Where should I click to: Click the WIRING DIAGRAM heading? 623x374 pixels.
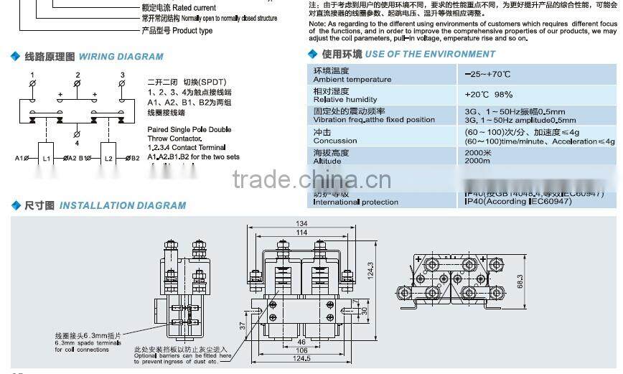(x=121, y=57)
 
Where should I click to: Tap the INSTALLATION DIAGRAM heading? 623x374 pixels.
(x=122, y=205)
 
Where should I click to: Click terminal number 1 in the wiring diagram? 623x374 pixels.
(x=32, y=75)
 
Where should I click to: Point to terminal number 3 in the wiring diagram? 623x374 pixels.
(x=123, y=75)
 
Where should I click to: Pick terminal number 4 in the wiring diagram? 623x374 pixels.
(x=77, y=134)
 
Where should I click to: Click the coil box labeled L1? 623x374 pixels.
(x=47, y=157)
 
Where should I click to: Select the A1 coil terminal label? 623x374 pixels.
(x=20, y=157)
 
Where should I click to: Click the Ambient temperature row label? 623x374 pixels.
(x=352, y=80)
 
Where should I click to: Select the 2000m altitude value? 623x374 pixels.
(x=477, y=161)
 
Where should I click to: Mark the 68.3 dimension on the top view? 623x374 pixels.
(x=520, y=283)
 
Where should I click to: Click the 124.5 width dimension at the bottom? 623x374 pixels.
(x=301, y=359)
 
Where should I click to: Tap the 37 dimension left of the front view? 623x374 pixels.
(x=242, y=324)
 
